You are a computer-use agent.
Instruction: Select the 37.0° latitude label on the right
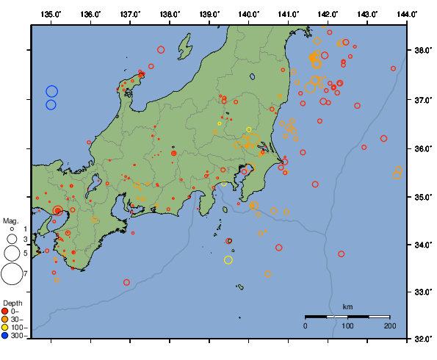422,99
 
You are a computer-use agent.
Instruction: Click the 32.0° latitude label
422,339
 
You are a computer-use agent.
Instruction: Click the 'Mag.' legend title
10,220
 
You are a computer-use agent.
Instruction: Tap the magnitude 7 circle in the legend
12,273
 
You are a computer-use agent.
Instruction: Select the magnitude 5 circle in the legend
12,253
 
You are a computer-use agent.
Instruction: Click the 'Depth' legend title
12,303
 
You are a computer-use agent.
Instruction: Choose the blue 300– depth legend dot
5,336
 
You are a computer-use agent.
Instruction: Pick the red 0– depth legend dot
5,311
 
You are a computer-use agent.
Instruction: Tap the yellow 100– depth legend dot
5,328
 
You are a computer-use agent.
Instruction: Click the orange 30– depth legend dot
5,319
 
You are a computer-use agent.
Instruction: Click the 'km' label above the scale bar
347,306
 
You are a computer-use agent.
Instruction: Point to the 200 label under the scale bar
389,325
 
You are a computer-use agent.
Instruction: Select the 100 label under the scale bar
347,325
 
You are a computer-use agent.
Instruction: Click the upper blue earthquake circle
51,91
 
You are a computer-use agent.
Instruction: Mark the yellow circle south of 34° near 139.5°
228,259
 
